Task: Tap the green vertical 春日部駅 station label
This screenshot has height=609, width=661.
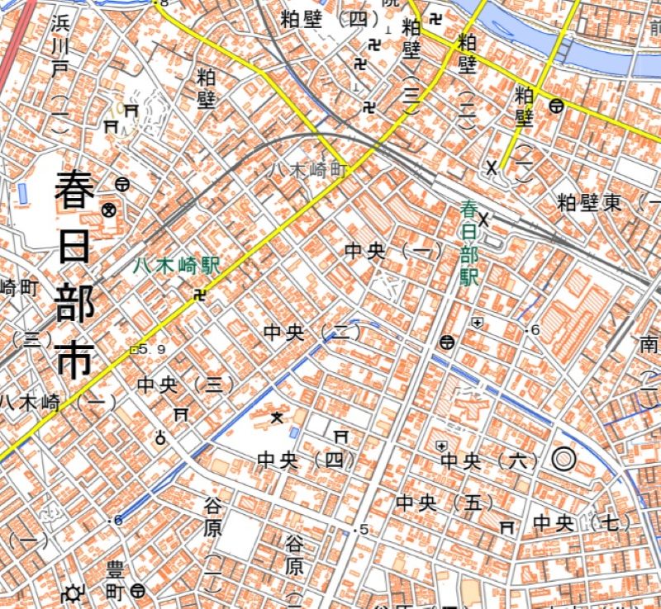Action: [469, 245]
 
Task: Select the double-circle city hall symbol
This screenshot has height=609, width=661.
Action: [563, 460]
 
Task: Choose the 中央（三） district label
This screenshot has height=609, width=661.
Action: [186, 384]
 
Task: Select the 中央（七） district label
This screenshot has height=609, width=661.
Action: [582, 522]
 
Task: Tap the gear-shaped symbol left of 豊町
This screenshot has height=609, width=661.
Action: [73, 592]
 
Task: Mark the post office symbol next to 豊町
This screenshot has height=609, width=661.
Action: [138, 591]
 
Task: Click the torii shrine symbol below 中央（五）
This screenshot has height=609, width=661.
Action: [507, 526]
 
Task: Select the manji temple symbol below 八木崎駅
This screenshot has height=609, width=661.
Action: [199, 295]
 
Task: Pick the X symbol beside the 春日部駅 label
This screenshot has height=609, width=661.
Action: [485, 220]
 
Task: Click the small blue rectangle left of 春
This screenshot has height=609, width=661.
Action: [22, 194]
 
